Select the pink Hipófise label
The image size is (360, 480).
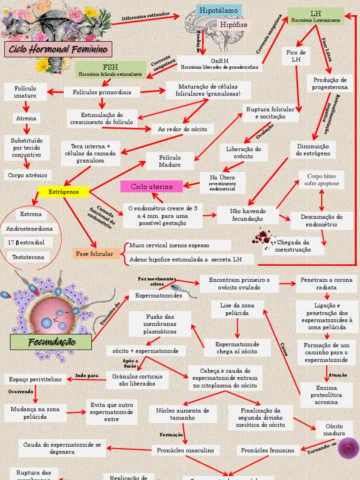(234, 25)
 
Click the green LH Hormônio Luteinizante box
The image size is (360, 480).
(315, 16)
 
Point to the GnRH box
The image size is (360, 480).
(219, 64)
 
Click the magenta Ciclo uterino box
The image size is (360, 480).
(151, 187)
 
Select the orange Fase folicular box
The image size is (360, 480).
(95, 254)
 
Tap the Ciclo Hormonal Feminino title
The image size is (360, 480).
(58, 49)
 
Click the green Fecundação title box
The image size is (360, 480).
(51, 342)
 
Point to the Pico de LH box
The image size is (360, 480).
(296, 56)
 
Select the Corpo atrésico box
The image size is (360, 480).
(28, 175)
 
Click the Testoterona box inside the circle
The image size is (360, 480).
(29, 257)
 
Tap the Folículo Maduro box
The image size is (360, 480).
(170, 161)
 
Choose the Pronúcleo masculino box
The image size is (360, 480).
(185, 450)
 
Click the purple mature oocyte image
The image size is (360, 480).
(348, 448)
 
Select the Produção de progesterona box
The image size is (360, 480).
(330, 83)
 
